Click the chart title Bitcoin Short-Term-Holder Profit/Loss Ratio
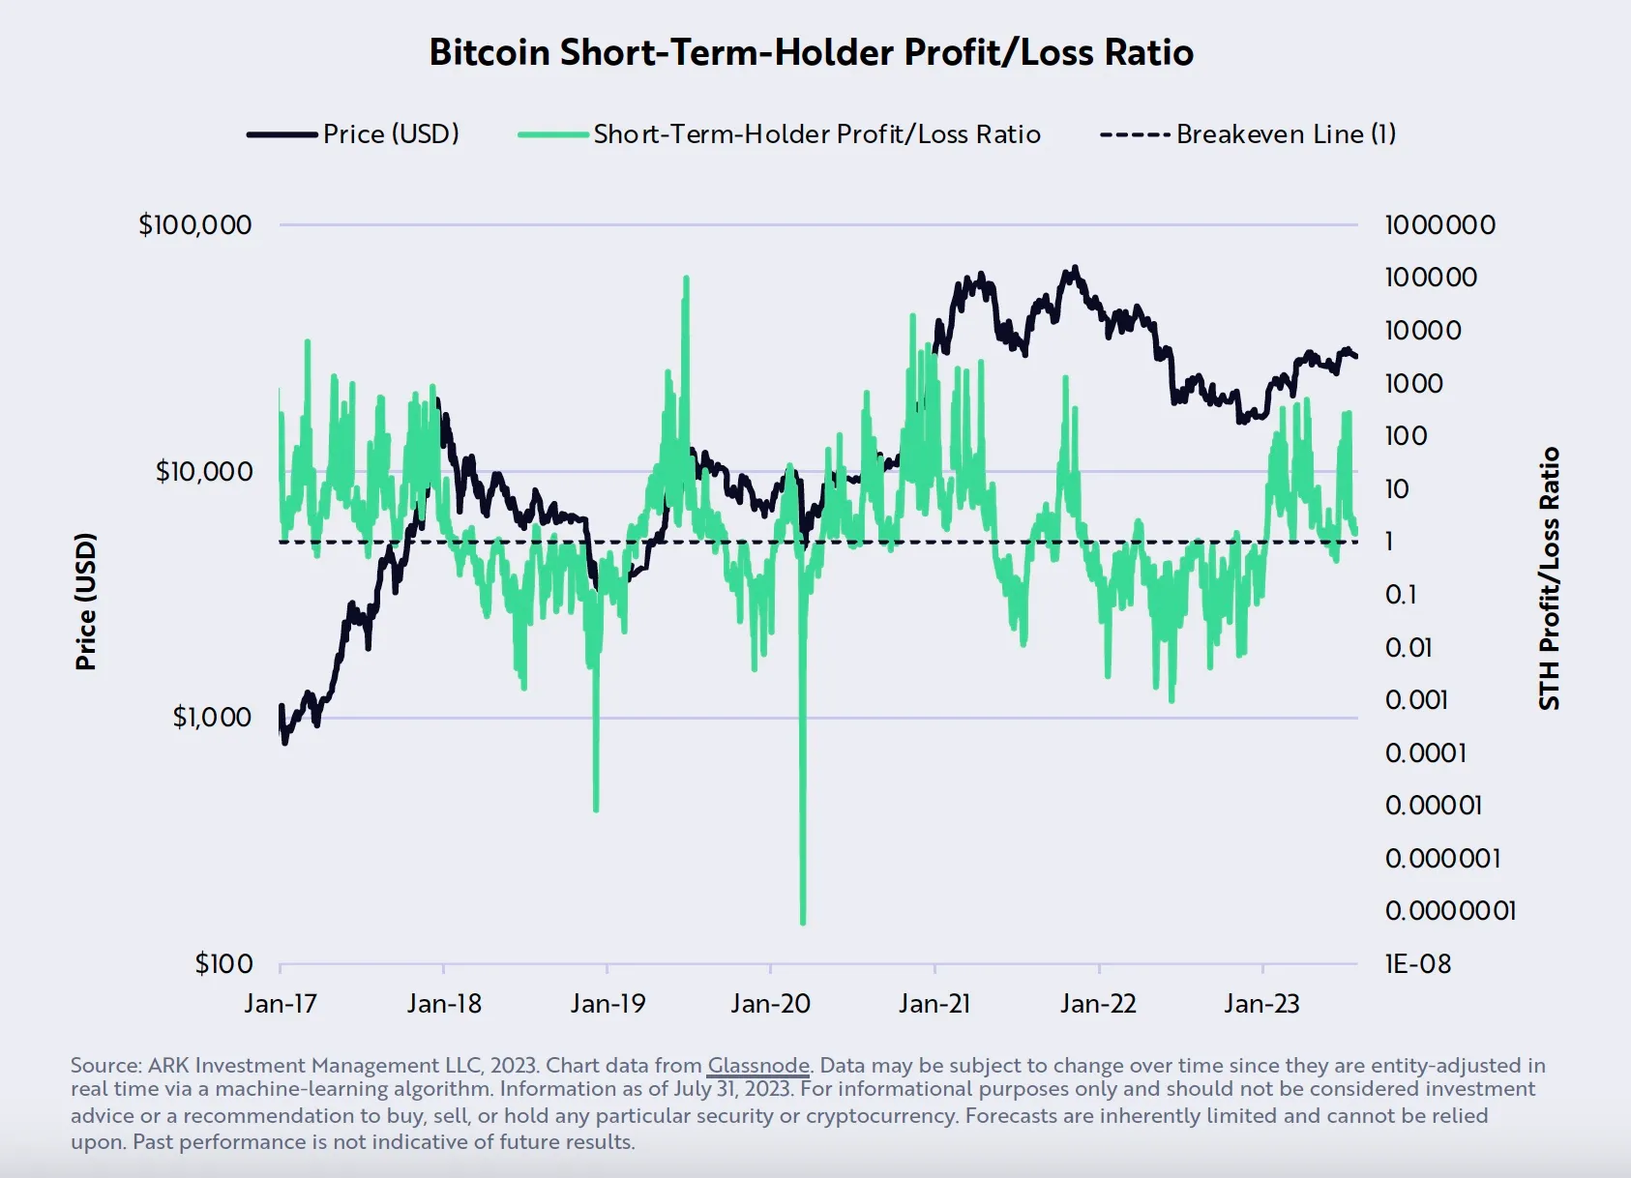(811, 52)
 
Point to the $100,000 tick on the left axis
(195, 224)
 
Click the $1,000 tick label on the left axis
(212, 717)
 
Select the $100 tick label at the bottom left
(223, 963)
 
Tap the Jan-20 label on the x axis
(770, 1003)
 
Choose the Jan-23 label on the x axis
(1261, 1003)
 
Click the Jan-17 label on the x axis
(280, 1003)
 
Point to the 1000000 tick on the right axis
(1439, 224)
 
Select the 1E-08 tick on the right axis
(1417, 963)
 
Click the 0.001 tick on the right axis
(1415, 699)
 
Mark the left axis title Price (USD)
(86, 601)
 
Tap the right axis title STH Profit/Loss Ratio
(1549, 578)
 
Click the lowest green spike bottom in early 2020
(803, 922)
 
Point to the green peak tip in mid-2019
(686, 279)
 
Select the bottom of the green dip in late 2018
(595, 809)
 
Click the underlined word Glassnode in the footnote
(757, 1065)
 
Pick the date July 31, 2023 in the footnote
(732, 1089)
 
